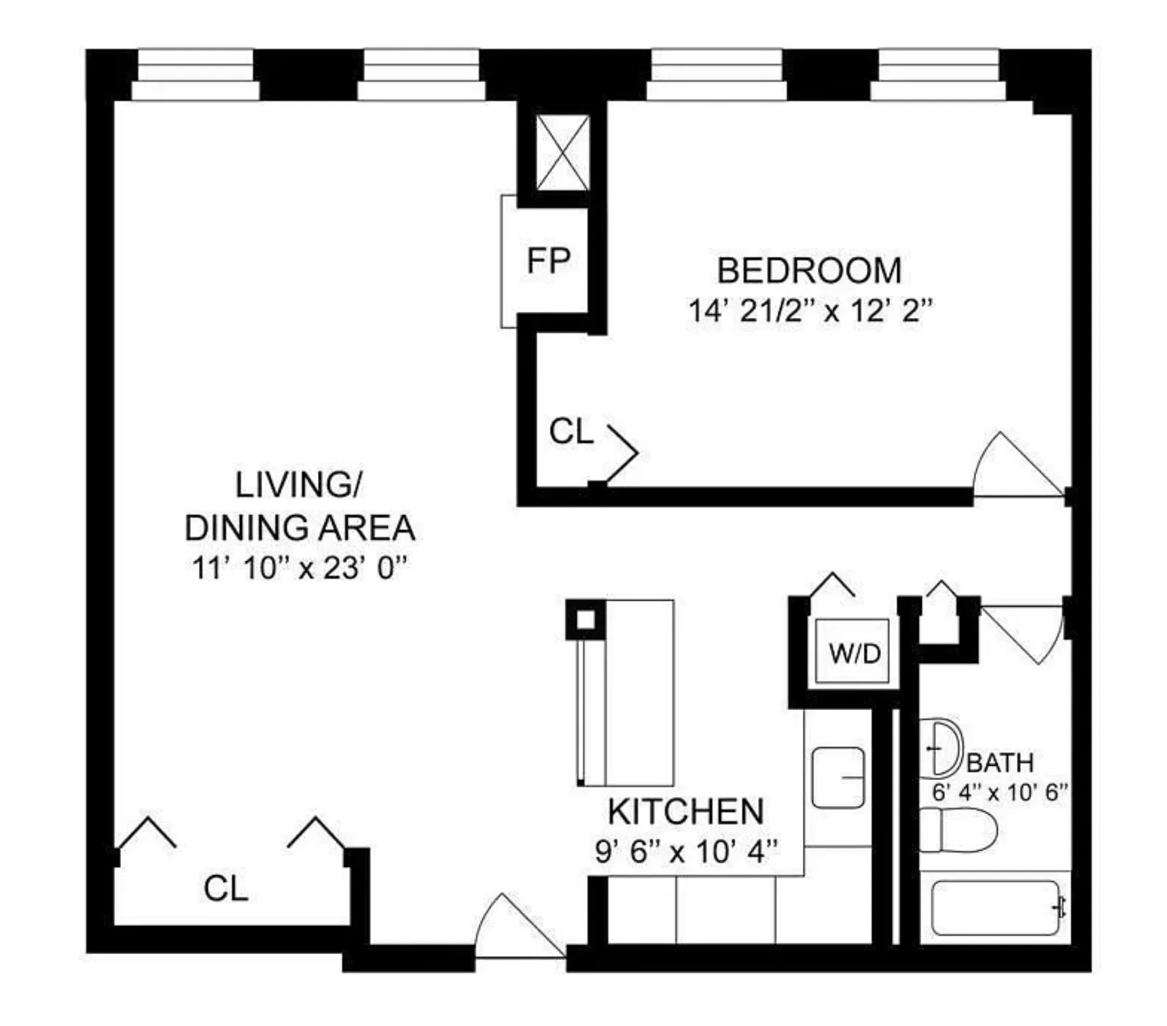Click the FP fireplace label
(x=548, y=261)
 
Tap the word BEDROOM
(x=809, y=271)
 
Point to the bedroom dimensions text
(x=810, y=311)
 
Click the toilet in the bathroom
(x=958, y=830)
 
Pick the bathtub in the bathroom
(x=995, y=908)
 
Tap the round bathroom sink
(x=944, y=747)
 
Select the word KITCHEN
(x=686, y=811)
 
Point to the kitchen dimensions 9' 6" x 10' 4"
(x=686, y=851)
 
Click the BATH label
(x=1000, y=763)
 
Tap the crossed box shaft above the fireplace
(x=562, y=153)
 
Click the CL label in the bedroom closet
(x=571, y=431)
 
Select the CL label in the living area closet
(x=226, y=888)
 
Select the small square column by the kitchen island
(x=585, y=619)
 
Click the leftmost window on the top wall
(x=196, y=75)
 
